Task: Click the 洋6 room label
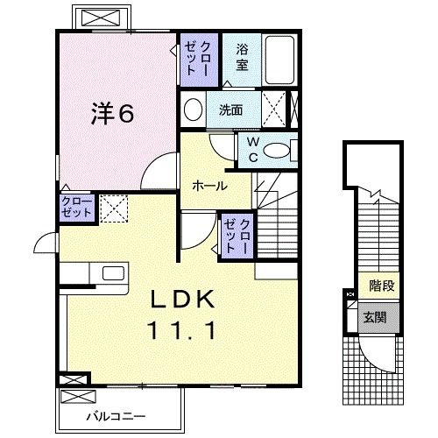(114, 114)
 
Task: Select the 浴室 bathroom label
(242, 58)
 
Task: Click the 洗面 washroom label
(230, 111)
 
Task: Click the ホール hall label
(210, 186)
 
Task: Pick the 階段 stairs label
(381, 286)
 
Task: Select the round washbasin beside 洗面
(193, 110)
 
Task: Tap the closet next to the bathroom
(199, 58)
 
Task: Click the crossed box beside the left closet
(112, 208)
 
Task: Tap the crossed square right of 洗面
(275, 110)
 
